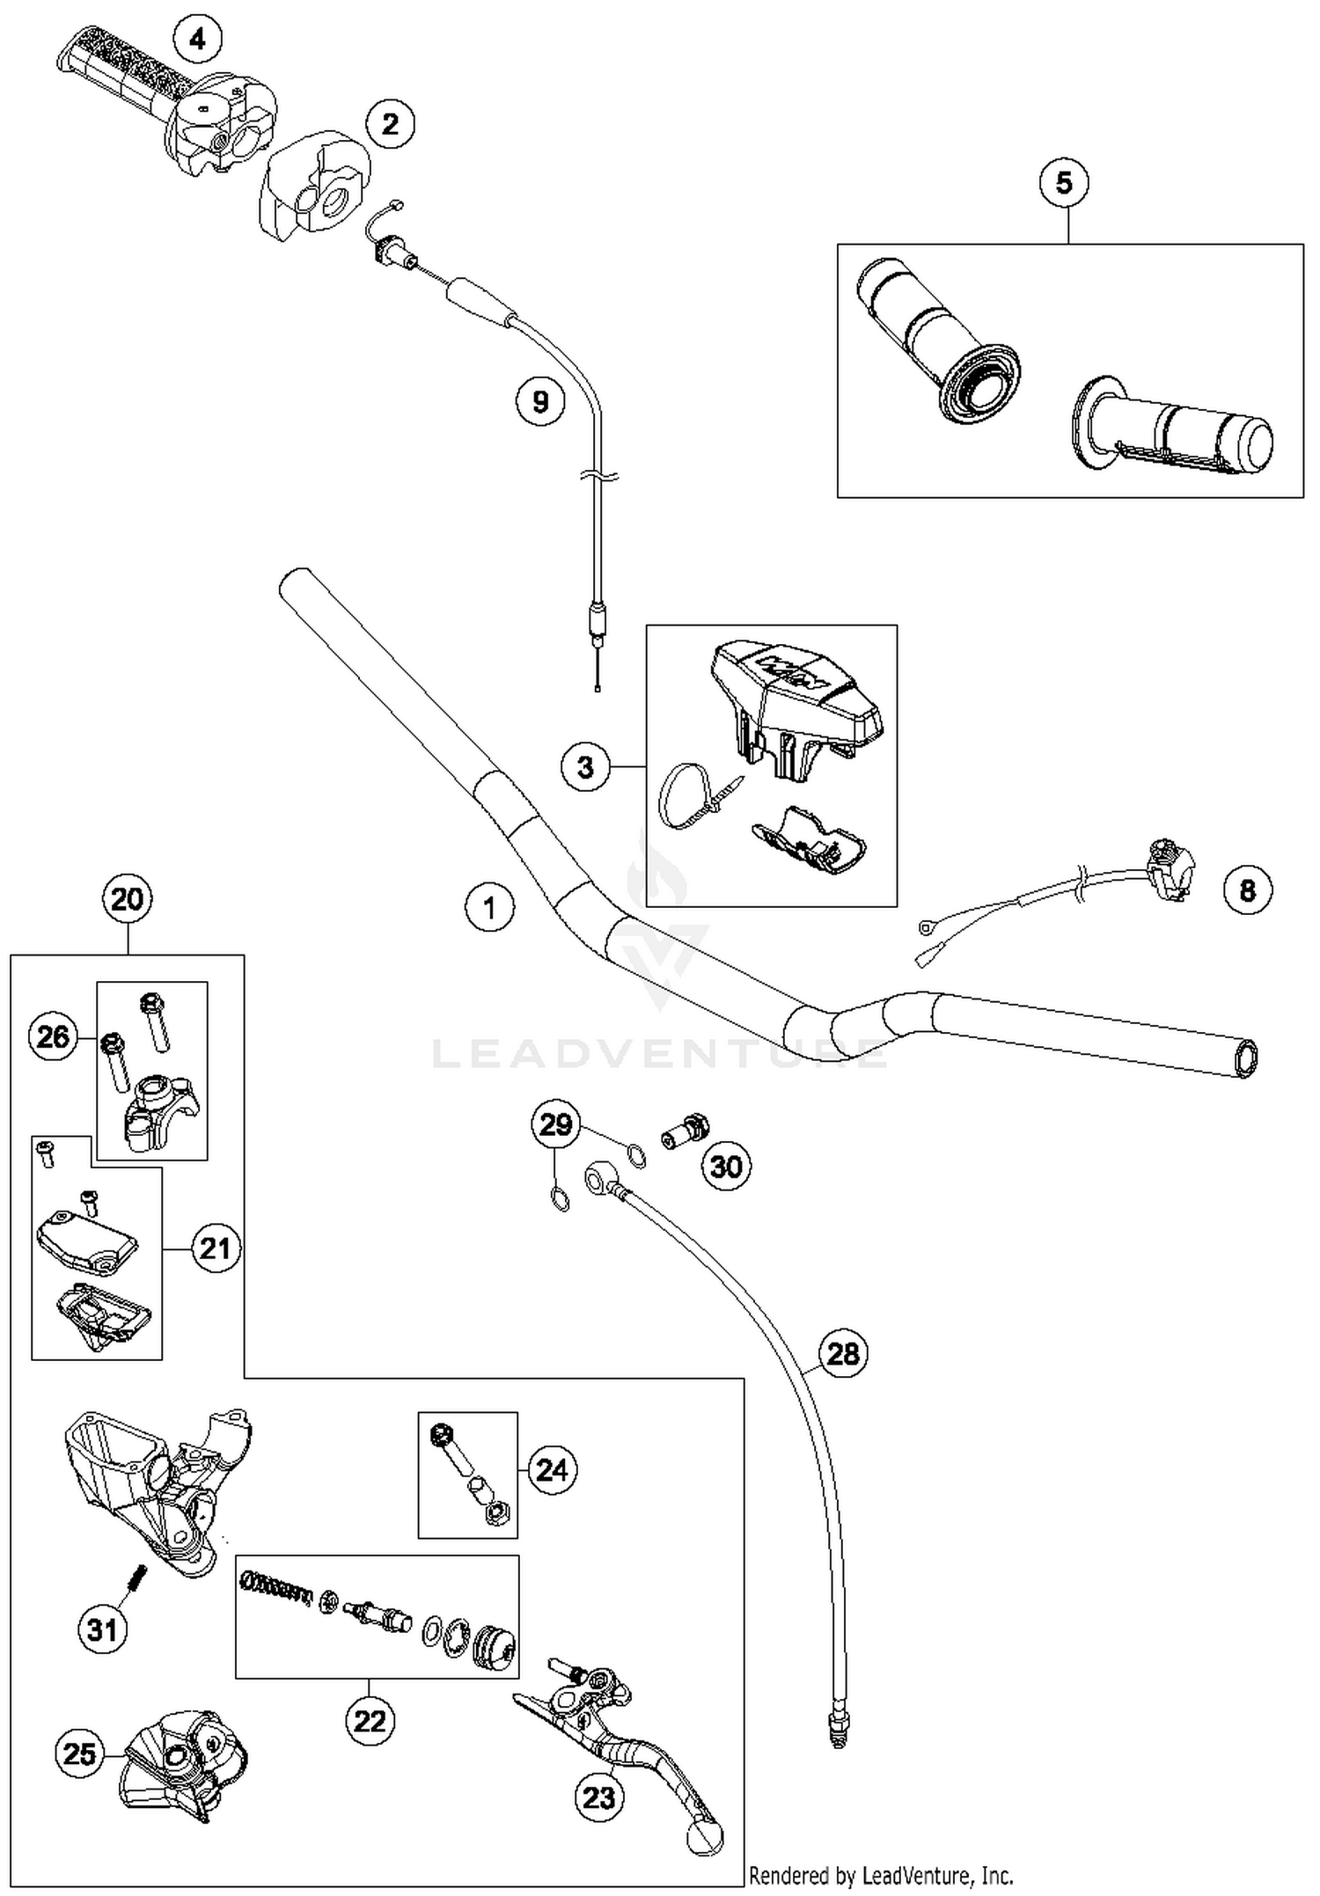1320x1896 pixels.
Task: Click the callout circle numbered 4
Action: (197, 39)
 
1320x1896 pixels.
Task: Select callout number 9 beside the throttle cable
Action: (540, 401)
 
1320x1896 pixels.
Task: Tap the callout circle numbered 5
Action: (1064, 183)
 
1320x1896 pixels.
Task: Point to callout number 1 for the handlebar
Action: (490, 907)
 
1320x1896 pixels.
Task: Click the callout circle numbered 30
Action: (726, 1167)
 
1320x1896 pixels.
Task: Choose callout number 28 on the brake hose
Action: (842, 1352)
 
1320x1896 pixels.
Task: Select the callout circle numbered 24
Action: (552, 1469)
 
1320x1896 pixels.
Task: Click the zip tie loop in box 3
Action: (679, 796)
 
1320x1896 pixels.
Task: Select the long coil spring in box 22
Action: (277, 1589)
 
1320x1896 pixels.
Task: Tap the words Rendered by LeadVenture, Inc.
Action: (881, 1876)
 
